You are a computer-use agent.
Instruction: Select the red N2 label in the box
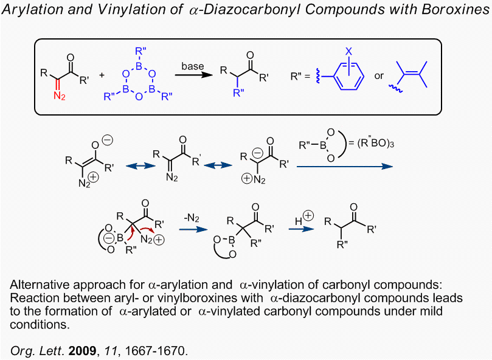(59, 96)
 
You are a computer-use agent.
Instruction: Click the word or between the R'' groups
(379, 76)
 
